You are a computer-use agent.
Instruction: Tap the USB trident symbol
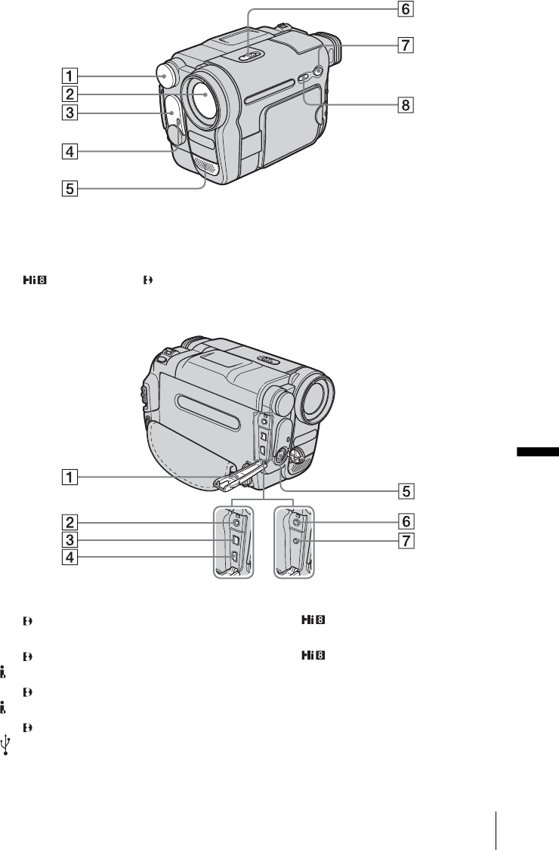(6, 746)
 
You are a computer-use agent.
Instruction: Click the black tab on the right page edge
(538, 452)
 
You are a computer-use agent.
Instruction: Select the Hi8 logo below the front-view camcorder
(35, 281)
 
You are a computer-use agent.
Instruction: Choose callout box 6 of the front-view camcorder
(406, 9)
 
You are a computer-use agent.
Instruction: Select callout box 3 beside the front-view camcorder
(69, 113)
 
